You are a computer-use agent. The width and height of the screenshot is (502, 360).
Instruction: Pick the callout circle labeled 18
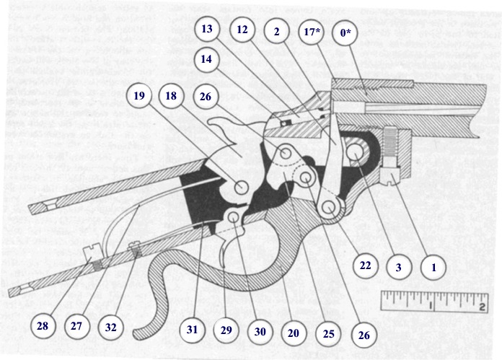click(x=171, y=96)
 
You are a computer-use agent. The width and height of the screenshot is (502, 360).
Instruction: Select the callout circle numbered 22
click(x=366, y=266)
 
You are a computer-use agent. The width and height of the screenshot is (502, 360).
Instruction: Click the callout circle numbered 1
click(x=433, y=266)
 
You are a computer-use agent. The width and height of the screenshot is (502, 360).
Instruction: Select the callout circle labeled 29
click(x=226, y=331)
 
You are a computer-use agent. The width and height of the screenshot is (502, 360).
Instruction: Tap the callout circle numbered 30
click(x=260, y=331)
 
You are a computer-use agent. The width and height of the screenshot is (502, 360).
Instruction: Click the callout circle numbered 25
click(x=328, y=333)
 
